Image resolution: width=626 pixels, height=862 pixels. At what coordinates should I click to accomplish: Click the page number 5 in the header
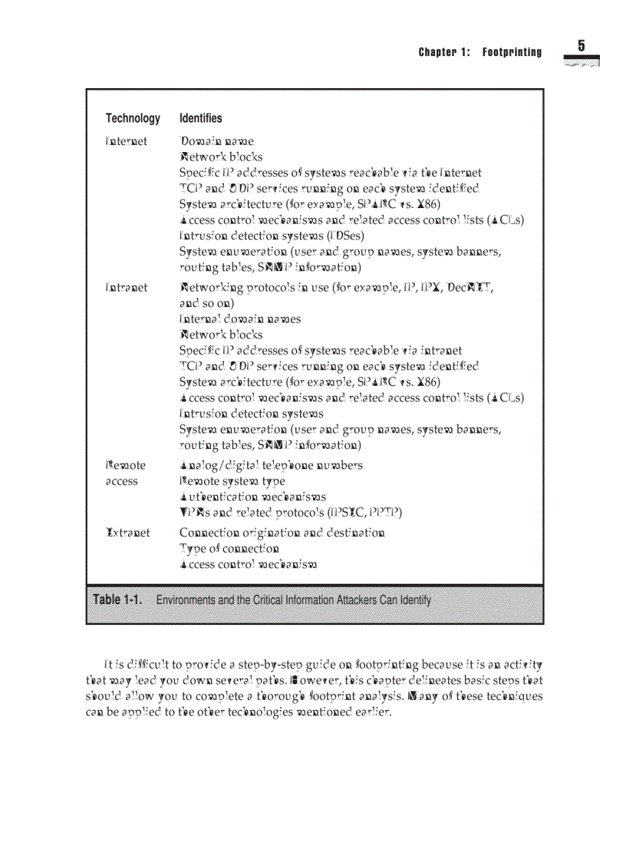[x=581, y=46]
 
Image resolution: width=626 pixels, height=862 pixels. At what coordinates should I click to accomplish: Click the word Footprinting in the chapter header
[x=512, y=53]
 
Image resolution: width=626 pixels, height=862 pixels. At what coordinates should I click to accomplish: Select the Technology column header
[x=133, y=118]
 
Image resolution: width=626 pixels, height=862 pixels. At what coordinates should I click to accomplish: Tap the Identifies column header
[x=200, y=118]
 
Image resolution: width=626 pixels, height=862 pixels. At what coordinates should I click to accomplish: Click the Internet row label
[x=126, y=141]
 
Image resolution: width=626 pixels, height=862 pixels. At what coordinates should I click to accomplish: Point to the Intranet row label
[x=126, y=287]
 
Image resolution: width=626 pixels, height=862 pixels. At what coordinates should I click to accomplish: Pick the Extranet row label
[x=127, y=533]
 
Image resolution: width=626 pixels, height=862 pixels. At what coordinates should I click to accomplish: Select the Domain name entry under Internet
[x=216, y=141]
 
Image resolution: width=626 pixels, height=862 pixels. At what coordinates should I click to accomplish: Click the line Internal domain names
[x=239, y=319]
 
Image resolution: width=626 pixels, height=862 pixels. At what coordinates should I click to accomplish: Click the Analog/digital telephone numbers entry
[x=271, y=465]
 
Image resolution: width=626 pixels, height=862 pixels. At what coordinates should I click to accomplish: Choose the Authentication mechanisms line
[x=252, y=497]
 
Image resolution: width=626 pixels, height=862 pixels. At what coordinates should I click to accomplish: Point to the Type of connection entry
[x=229, y=549]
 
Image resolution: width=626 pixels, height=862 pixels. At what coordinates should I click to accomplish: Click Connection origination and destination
[x=282, y=533]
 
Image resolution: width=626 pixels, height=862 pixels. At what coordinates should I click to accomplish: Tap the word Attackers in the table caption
[x=359, y=600]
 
